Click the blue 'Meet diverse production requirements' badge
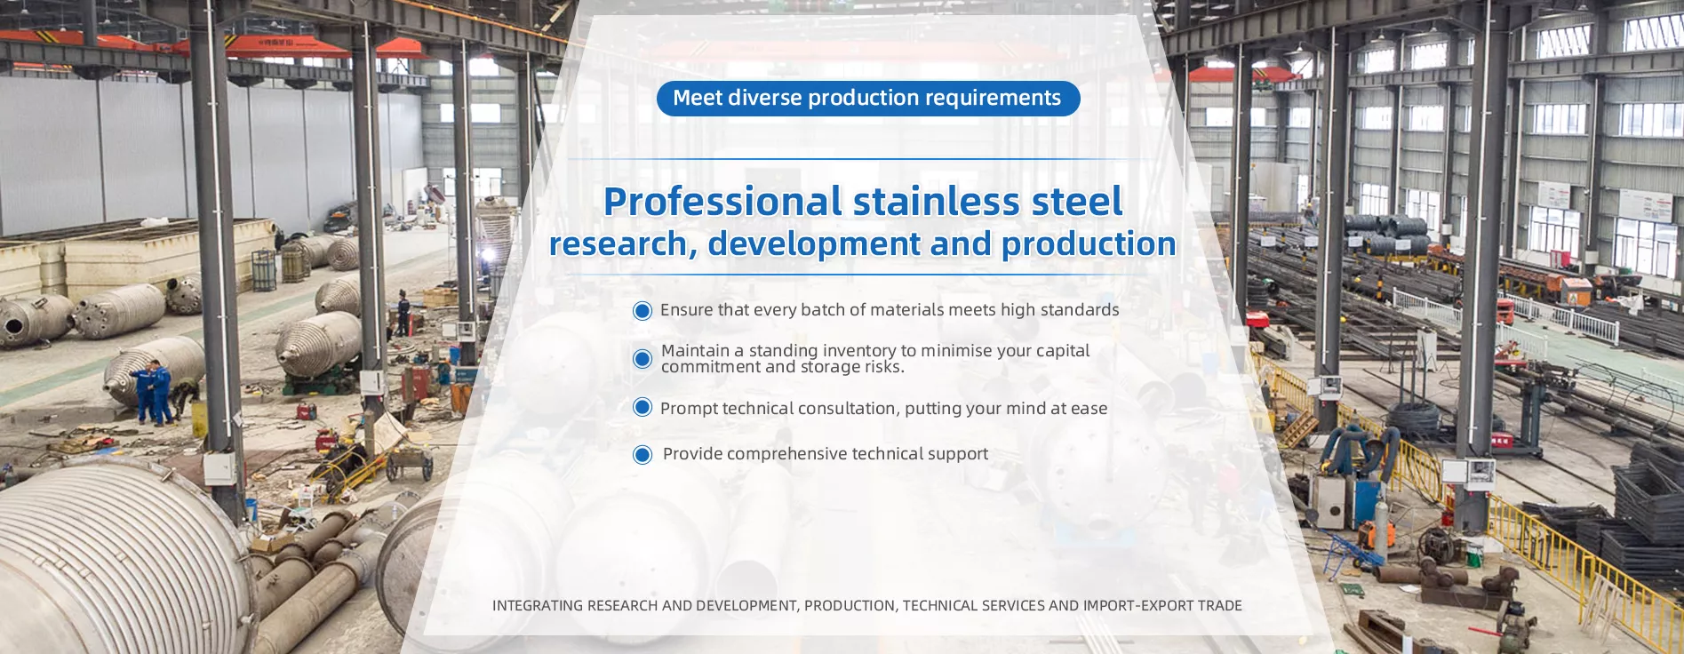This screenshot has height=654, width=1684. coord(868,99)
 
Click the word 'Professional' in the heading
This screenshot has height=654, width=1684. coord(722,202)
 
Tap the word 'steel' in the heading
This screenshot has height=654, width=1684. coord(1077,202)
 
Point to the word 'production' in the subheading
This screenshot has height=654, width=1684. coord(1089,244)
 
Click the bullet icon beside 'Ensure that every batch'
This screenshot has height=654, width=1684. coord(642,311)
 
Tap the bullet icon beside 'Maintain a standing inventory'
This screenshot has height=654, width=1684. coord(642,359)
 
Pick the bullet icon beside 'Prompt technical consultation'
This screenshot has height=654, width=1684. coord(642,408)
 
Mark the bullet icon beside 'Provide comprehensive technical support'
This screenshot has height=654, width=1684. coord(642,455)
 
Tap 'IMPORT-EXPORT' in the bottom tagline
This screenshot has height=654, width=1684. coord(1137,606)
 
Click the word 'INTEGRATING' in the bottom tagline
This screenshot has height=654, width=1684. coord(538,606)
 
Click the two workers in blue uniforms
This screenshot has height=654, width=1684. coord(154,392)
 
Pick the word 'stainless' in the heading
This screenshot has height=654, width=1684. coord(936,202)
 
